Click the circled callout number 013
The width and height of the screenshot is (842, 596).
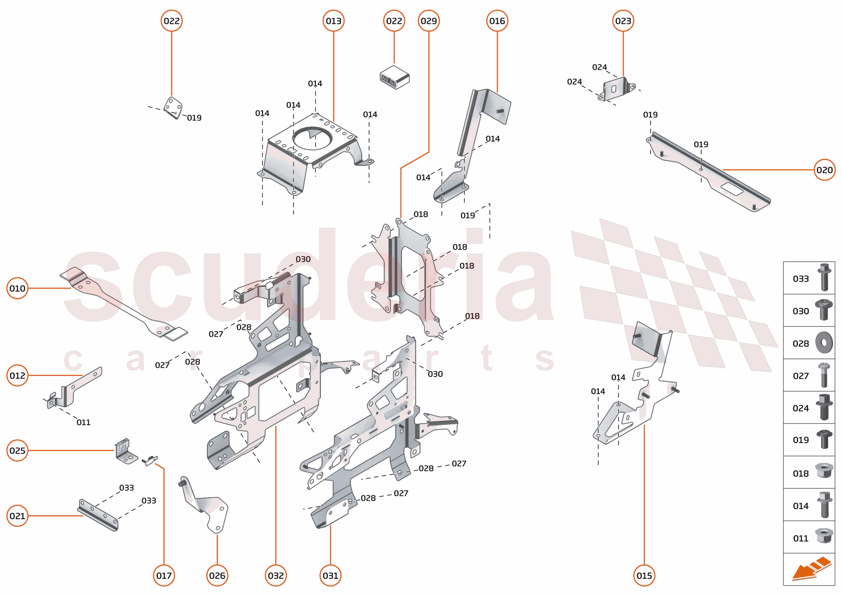pos(333,21)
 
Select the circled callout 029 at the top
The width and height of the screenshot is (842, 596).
pos(428,21)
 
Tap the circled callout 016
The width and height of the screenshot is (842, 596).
pos(497,21)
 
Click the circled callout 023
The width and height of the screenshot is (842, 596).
pos(623,21)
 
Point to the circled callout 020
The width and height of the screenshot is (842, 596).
pos(824,170)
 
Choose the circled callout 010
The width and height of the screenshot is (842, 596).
pos(17,288)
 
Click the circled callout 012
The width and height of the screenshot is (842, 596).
pos(17,375)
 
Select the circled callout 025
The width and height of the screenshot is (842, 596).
pos(17,450)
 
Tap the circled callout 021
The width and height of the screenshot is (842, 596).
pos(17,516)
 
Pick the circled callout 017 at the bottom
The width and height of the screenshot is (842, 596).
pos(164,575)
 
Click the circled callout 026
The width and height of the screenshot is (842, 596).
pos(217,575)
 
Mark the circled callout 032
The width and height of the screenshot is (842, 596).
pos(276,575)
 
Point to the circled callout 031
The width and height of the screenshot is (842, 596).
pos(330,575)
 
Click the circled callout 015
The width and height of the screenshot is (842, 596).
pos(644,575)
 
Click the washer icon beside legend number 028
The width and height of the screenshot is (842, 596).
pos(824,343)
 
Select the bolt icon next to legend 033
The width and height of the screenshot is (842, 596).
pos(824,278)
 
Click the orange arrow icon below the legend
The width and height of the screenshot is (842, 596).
pos(811,570)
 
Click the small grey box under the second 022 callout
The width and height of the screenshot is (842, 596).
pos(394,77)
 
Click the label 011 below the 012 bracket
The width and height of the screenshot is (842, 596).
pos(83,422)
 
